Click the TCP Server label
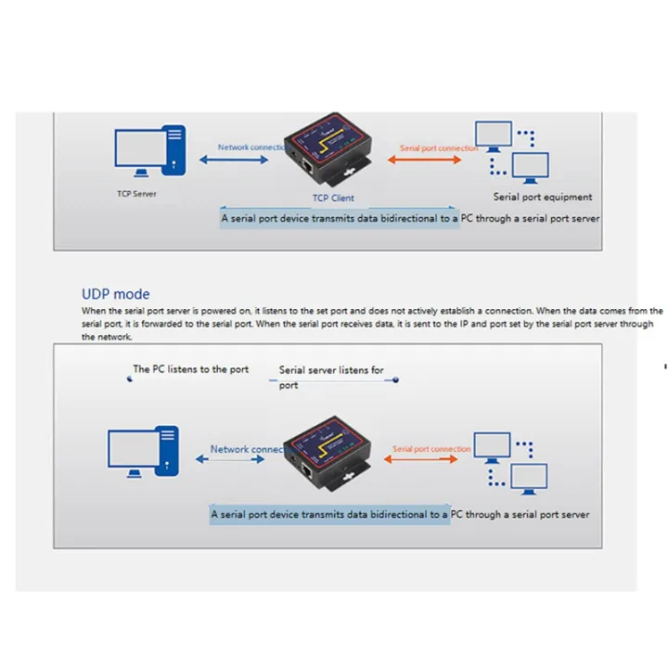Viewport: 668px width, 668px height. click(x=137, y=194)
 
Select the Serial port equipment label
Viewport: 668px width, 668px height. click(x=542, y=197)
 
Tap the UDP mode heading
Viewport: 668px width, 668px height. click(x=116, y=294)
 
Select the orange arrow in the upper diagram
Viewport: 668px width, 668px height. click(x=423, y=161)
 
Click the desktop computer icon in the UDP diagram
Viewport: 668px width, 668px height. click(x=142, y=452)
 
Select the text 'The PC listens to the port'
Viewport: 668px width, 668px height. click(x=190, y=369)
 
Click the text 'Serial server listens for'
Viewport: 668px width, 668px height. click(x=331, y=370)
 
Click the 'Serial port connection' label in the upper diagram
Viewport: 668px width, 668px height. click(x=438, y=148)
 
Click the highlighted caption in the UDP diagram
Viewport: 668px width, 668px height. click(x=399, y=514)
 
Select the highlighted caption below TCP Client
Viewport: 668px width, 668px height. click(x=409, y=219)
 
